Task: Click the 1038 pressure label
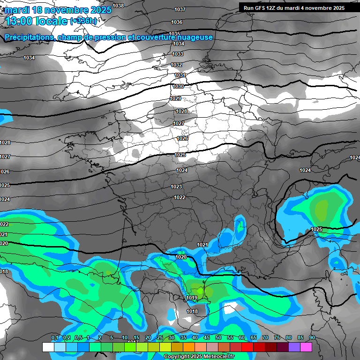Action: click(x=118, y=6)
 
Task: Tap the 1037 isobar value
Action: click(x=180, y=9)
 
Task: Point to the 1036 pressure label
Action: click(x=177, y=22)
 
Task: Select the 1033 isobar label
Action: click(x=178, y=54)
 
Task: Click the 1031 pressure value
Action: click(x=180, y=75)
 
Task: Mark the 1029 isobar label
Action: click(x=175, y=98)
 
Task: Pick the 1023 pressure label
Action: click(x=176, y=187)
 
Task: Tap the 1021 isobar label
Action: click(x=202, y=245)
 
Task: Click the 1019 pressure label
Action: click(x=191, y=298)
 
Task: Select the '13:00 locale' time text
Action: click(x=37, y=21)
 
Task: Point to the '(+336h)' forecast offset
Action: click(x=83, y=21)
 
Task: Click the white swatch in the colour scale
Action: click(x=48, y=347)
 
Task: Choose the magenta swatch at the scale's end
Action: click(x=306, y=347)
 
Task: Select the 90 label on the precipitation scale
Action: click(x=312, y=338)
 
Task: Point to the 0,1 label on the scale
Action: click(x=54, y=338)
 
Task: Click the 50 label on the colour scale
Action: click(x=218, y=338)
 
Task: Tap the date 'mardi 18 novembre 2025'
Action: click(x=58, y=10)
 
